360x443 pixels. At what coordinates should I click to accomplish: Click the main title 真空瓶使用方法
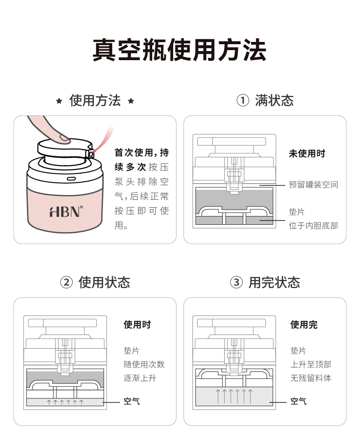click(180, 50)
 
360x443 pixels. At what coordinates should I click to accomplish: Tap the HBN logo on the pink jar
click(66, 211)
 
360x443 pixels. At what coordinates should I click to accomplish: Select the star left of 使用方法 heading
click(59, 101)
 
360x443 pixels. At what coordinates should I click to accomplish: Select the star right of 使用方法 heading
click(131, 101)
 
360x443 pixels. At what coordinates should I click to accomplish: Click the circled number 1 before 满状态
click(243, 101)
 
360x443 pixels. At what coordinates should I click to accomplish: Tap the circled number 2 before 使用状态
click(67, 283)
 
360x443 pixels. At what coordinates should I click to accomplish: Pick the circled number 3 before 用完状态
click(236, 283)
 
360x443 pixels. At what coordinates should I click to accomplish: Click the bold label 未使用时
click(307, 154)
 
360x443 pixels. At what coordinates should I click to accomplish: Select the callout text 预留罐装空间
click(314, 185)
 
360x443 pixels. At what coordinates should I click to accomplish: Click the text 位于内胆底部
click(314, 225)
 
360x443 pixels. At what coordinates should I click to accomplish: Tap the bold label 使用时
click(137, 325)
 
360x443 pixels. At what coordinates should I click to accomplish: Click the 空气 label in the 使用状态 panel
click(132, 401)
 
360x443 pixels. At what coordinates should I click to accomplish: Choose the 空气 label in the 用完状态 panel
click(298, 401)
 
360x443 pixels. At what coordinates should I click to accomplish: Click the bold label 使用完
click(304, 325)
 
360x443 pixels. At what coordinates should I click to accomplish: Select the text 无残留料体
click(311, 378)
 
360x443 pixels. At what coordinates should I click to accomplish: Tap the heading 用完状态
click(274, 283)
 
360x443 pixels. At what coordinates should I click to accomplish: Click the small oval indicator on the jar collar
click(72, 179)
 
